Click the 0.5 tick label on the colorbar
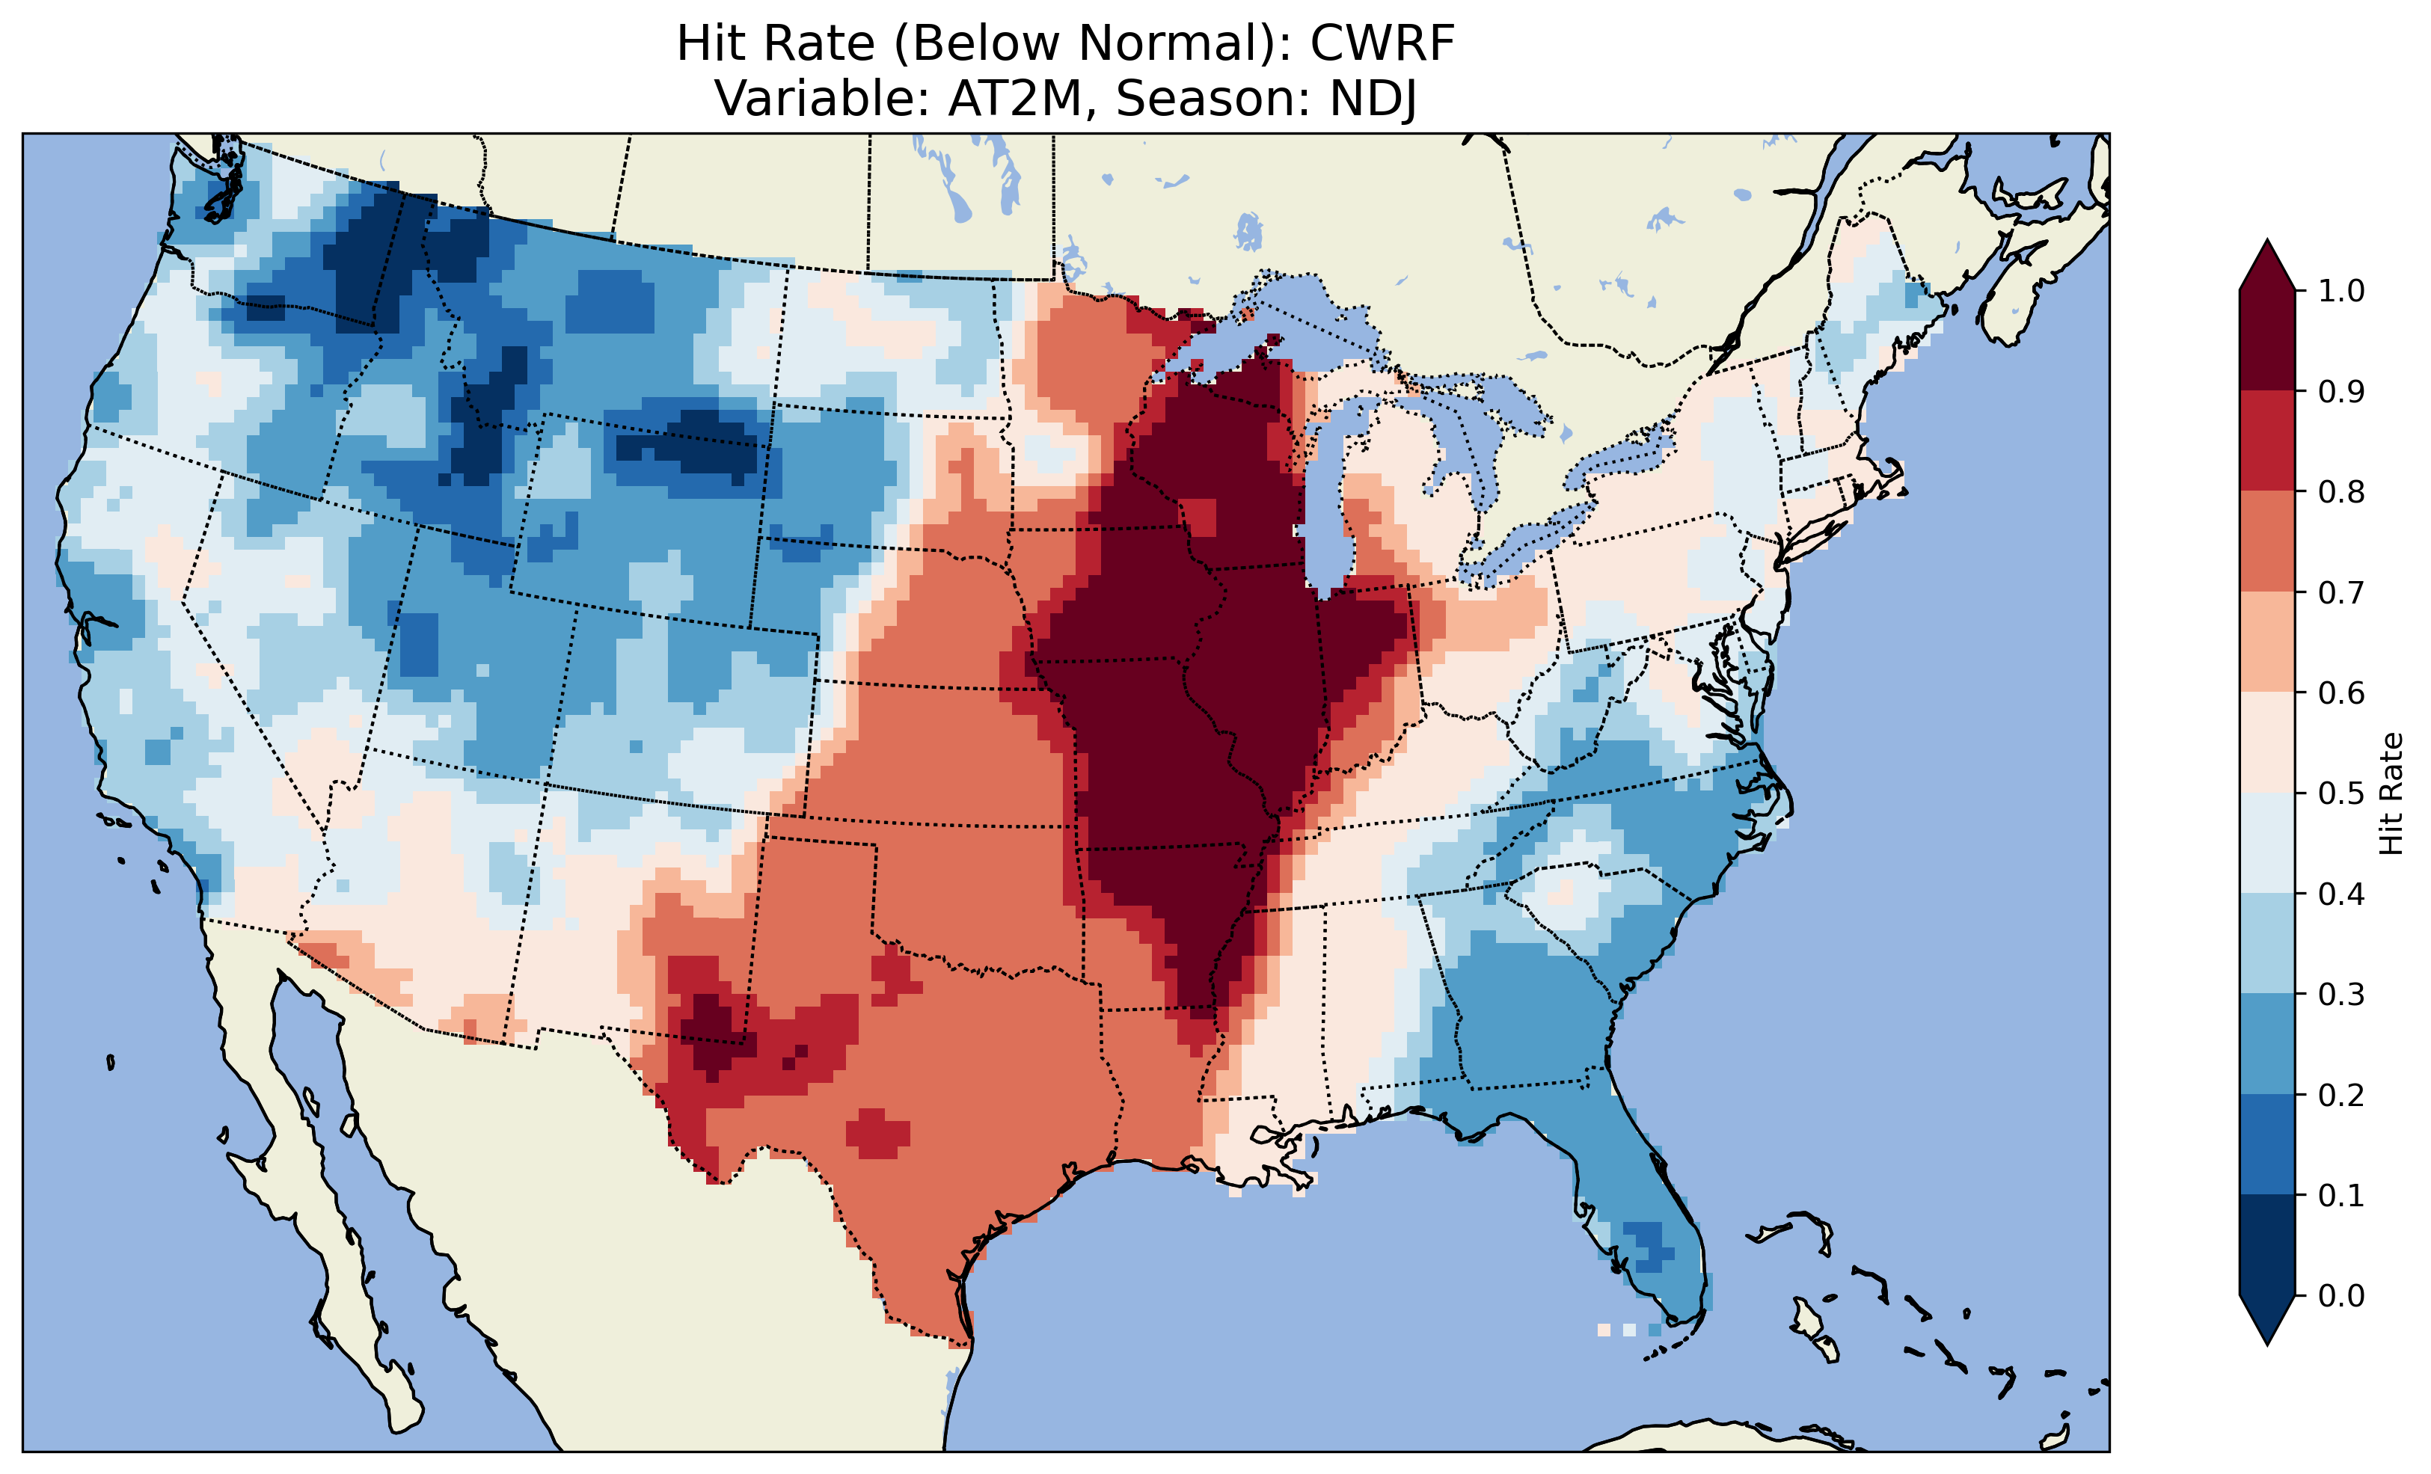(2341, 793)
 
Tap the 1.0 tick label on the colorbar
(2341, 291)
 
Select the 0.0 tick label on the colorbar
(2341, 1295)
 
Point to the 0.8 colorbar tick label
(2341, 491)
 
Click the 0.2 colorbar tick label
(2341, 1095)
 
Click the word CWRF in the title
(1382, 44)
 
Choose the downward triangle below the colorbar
(2267, 1319)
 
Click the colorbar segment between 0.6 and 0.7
(2267, 642)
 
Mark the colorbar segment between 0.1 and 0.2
(2267, 1144)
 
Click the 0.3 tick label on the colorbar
(2341, 995)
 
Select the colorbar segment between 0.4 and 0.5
(2267, 844)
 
